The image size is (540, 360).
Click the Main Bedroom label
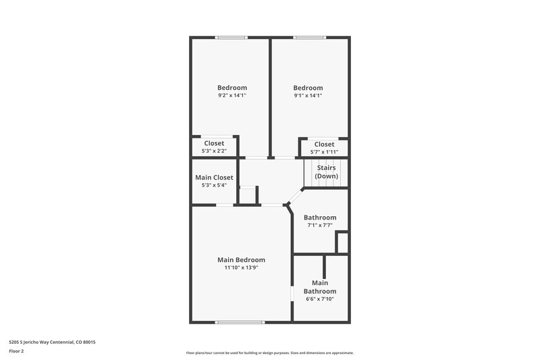click(x=241, y=259)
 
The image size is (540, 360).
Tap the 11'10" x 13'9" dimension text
click(x=241, y=268)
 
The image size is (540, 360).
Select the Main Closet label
click(x=214, y=177)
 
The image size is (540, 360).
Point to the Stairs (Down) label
click(x=327, y=172)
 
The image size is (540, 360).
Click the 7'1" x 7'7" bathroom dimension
click(x=319, y=226)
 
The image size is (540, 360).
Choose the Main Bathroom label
click(x=320, y=287)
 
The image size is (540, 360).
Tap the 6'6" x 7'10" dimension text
click(x=320, y=299)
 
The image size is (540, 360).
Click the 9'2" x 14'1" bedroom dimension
click(x=232, y=96)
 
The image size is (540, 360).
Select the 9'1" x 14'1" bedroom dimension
click(x=307, y=96)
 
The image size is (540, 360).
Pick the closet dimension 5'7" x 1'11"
click(x=323, y=152)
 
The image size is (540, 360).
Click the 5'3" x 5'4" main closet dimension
click(x=214, y=185)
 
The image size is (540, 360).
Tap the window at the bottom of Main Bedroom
click(x=240, y=322)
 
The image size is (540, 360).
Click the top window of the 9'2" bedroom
click(x=231, y=38)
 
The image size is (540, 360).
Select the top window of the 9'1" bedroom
click(x=310, y=38)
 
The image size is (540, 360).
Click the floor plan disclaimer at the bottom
click(x=269, y=353)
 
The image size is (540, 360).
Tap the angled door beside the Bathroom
click(x=292, y=197)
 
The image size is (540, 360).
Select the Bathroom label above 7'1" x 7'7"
click(x=319, y=217)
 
